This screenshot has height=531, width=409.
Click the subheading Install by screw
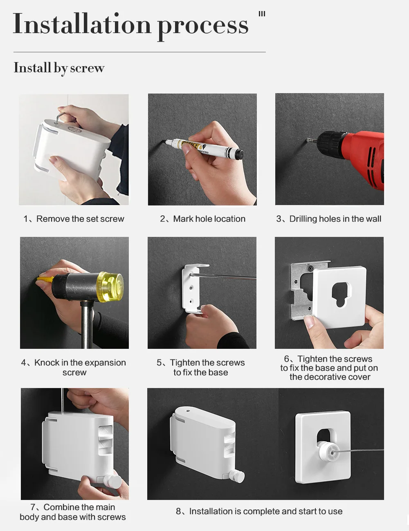(59, 68)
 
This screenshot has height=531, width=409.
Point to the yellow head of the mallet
(110, 285)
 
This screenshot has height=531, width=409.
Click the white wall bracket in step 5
(193, 288)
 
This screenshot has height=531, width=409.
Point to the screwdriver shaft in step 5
(224, 277)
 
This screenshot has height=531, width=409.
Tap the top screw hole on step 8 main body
(188, 411)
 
